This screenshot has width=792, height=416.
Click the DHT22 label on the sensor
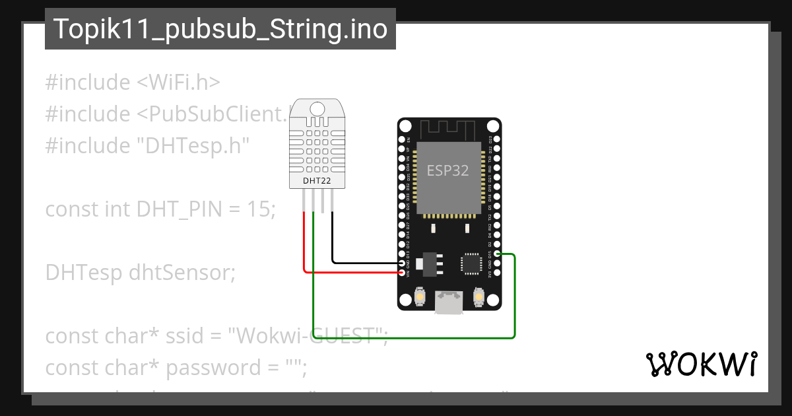317,180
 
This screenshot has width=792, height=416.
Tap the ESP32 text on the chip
447,170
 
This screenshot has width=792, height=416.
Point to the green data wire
409,337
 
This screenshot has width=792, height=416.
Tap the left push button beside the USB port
419,299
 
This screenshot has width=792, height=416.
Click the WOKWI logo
701,364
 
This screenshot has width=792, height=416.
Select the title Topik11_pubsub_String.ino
220,29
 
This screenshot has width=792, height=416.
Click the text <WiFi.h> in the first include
178,83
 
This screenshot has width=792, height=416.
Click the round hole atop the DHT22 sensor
317,108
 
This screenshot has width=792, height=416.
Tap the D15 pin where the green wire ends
497,254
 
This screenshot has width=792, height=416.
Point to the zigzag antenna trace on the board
449,128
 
